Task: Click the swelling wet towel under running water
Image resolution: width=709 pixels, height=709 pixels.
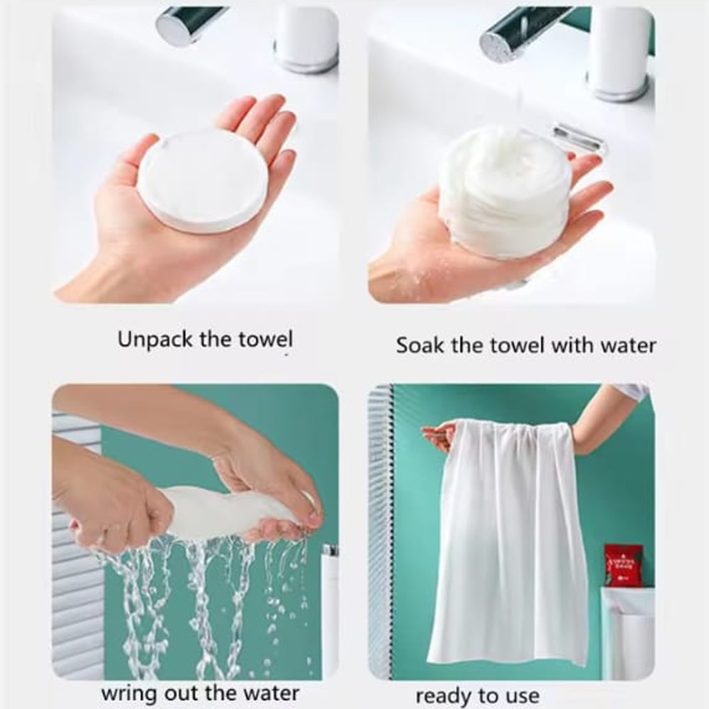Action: tap(504, 192)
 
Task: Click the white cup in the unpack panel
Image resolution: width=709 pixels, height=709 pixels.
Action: tap(306, 38)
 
